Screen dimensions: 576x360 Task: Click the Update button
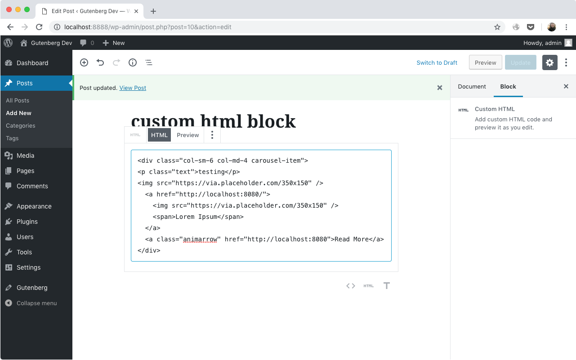(x=520, y=62)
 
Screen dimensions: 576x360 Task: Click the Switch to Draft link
(x=437, y=63)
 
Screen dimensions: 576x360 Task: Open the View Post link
(x=133, y=88)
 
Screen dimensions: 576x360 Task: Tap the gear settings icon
(x=550, y=62)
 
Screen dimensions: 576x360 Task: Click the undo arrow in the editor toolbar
(x=100, y=62)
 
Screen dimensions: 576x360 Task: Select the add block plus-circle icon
(x=84, y=62)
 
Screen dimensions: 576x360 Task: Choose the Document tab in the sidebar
(x=472, y=87)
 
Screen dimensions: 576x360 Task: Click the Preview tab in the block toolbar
(x=188, y=135)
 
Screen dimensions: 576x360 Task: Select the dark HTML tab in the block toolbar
(x=159, y=135)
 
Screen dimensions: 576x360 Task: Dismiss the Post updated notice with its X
(x=440, y=88)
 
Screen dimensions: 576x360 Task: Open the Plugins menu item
(x=27, y=222)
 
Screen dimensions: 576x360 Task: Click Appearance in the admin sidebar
(x=34, y=206)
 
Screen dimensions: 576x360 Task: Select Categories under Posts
(x=21, y=126)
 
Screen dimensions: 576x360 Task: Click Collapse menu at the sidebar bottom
(x=36, y=303)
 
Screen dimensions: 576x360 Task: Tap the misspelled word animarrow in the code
(x=200, y=239)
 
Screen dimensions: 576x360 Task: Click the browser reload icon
(x=39, y=27)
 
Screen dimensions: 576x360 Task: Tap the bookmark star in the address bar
(x=497, y=27)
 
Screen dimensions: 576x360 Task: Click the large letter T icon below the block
(x=387, y=286)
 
